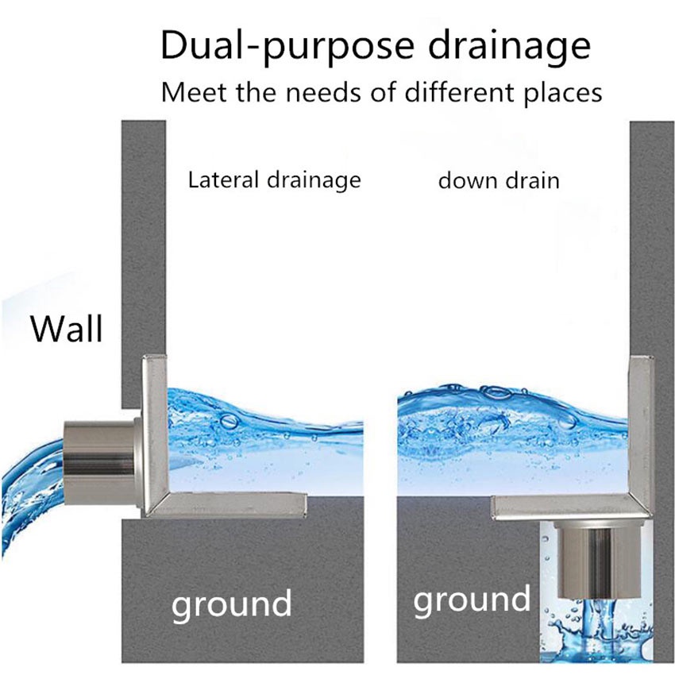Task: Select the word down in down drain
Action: click(x=463, y=180)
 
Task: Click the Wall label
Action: click(x=67, y=328)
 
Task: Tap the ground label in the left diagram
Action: click(x=231, y=604)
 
